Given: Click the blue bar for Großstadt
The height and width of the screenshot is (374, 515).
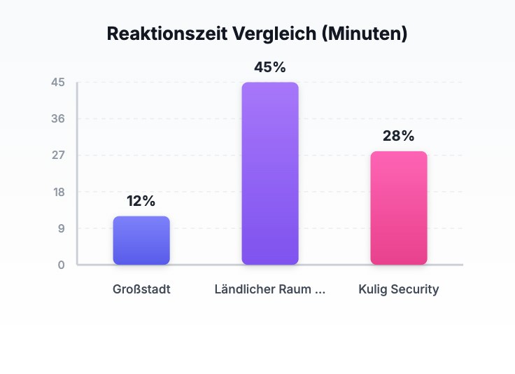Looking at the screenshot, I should pos(141,240).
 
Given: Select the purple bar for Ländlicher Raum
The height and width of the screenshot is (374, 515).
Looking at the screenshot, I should pos(270,174).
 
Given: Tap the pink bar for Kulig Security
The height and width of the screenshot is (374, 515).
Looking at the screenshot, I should pos(399,208).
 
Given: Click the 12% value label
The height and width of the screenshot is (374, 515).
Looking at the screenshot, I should pos(141,201).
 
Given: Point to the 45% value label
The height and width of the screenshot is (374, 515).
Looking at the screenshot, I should pos(270,67).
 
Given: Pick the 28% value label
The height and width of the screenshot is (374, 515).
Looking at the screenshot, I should pos(399,136).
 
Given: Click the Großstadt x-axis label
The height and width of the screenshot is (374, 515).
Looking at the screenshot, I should pos(141,289).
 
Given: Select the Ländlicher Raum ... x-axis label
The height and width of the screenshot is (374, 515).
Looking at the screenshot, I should pos(270,289).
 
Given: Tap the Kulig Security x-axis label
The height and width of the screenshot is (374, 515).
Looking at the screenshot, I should pos(399,289).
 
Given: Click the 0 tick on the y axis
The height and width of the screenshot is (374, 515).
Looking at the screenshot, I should pos(62,265).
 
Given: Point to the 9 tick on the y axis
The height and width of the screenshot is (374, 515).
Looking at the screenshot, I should pos(62,228).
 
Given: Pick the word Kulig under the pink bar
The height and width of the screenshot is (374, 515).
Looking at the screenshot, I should pos(373,289).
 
